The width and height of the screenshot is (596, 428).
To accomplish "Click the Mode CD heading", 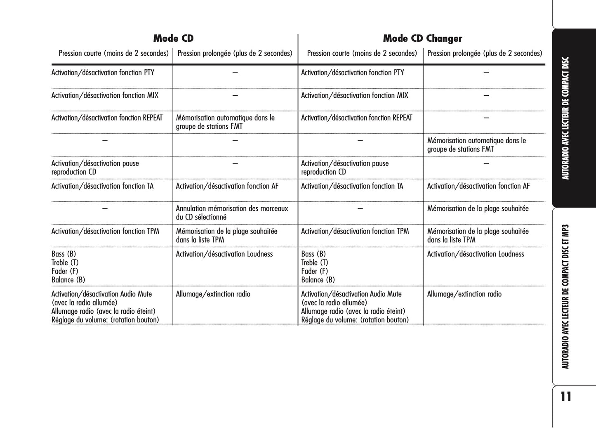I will [x=173, y=38].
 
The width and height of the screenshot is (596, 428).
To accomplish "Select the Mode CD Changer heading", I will [x=422, y=38].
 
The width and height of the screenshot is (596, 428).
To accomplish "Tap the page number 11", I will [x=566, y=397].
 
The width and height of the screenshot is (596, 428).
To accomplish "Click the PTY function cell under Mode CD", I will [x=103, y=73].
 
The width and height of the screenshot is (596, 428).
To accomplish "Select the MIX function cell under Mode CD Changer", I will [x=354, y=95].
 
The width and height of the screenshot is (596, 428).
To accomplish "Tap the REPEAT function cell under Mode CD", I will [x=107, y=118].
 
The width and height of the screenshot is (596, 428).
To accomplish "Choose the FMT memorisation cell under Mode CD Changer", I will [x=476, y=145].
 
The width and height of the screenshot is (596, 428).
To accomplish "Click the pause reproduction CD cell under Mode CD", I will [x=95, y=168].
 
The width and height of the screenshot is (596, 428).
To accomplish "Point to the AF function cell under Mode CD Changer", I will [x=478, y=186].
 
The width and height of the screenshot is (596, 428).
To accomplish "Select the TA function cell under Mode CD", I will [x=102, y=186].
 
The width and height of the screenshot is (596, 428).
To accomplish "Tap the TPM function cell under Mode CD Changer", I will [x=355, y=231].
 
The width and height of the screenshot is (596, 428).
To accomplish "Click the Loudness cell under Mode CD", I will [x=224, y=254].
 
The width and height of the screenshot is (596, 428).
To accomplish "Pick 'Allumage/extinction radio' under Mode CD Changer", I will [x=464, y=294].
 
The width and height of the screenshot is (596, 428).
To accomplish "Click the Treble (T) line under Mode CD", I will [x=65, y=262].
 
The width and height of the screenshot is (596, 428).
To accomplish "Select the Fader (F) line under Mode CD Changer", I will [x=314, y=271].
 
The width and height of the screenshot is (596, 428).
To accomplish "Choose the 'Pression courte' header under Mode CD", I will [x=113, y=53].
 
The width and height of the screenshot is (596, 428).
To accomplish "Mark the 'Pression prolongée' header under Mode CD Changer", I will [x=485, y=53].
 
